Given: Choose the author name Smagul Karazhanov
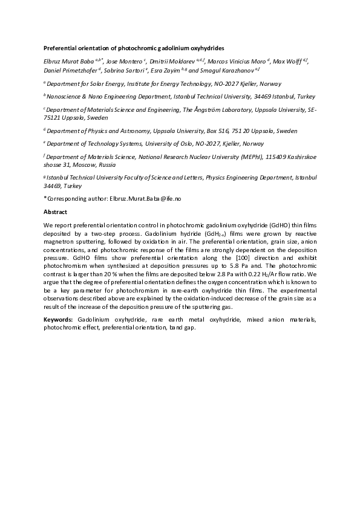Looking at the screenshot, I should tap(227, 70).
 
